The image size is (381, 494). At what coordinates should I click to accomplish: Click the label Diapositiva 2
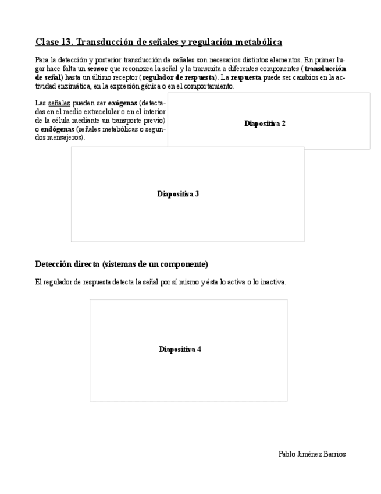[265, 123]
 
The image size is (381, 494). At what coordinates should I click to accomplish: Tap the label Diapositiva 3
[178, 194]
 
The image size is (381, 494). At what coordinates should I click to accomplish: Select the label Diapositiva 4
[180, 350]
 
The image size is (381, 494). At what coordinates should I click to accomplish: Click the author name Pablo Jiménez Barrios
[312, 454]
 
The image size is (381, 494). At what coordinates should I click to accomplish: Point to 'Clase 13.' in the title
[54, 42]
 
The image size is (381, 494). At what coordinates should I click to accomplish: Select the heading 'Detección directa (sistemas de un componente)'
[122, 264]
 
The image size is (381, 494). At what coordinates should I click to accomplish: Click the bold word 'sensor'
[98, 69]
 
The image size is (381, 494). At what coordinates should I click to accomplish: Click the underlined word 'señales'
[59, 103]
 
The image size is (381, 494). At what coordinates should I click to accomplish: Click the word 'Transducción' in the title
[105, 42]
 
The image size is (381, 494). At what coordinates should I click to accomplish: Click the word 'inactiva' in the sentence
[272, 282]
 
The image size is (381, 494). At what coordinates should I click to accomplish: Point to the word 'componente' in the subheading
[184, 264]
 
